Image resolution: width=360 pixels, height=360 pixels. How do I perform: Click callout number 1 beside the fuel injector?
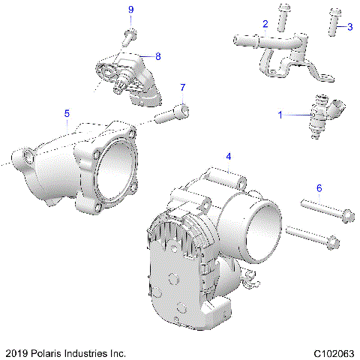point(281,115)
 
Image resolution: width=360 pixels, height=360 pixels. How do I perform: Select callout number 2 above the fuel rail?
point(265,25)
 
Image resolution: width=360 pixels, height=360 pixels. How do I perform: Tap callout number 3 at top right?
point(349,26)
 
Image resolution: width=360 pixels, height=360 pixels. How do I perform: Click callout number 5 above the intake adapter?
point(67,113)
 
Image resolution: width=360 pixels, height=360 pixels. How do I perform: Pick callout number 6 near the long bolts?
point(319,188)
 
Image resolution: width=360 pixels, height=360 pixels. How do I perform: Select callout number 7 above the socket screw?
point(181,87)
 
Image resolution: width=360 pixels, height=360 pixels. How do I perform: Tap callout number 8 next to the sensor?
point(157,55)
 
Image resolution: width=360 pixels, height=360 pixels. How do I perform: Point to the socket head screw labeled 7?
point(172,115)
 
